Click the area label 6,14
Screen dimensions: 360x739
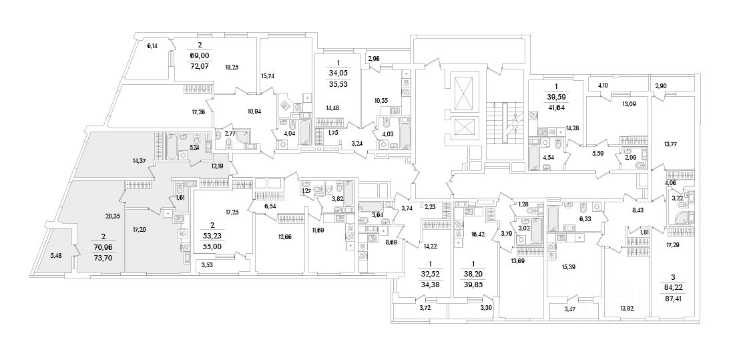click(152, 46)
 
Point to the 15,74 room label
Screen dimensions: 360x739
click(270, 76)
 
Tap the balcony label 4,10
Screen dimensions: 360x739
click(603, 85)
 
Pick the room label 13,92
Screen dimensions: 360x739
click(626, 308)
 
